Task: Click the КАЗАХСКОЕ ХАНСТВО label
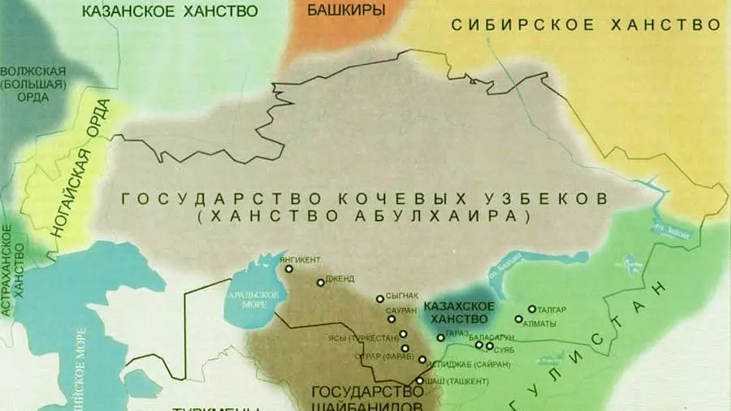[460, 312]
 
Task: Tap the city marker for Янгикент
[288, 269]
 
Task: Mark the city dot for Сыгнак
[379, 299]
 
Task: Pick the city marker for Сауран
[391, 319]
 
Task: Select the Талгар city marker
[532, 309]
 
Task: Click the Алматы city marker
[519, 318]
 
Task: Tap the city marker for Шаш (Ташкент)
[420, 380]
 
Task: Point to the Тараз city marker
[440, 337]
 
